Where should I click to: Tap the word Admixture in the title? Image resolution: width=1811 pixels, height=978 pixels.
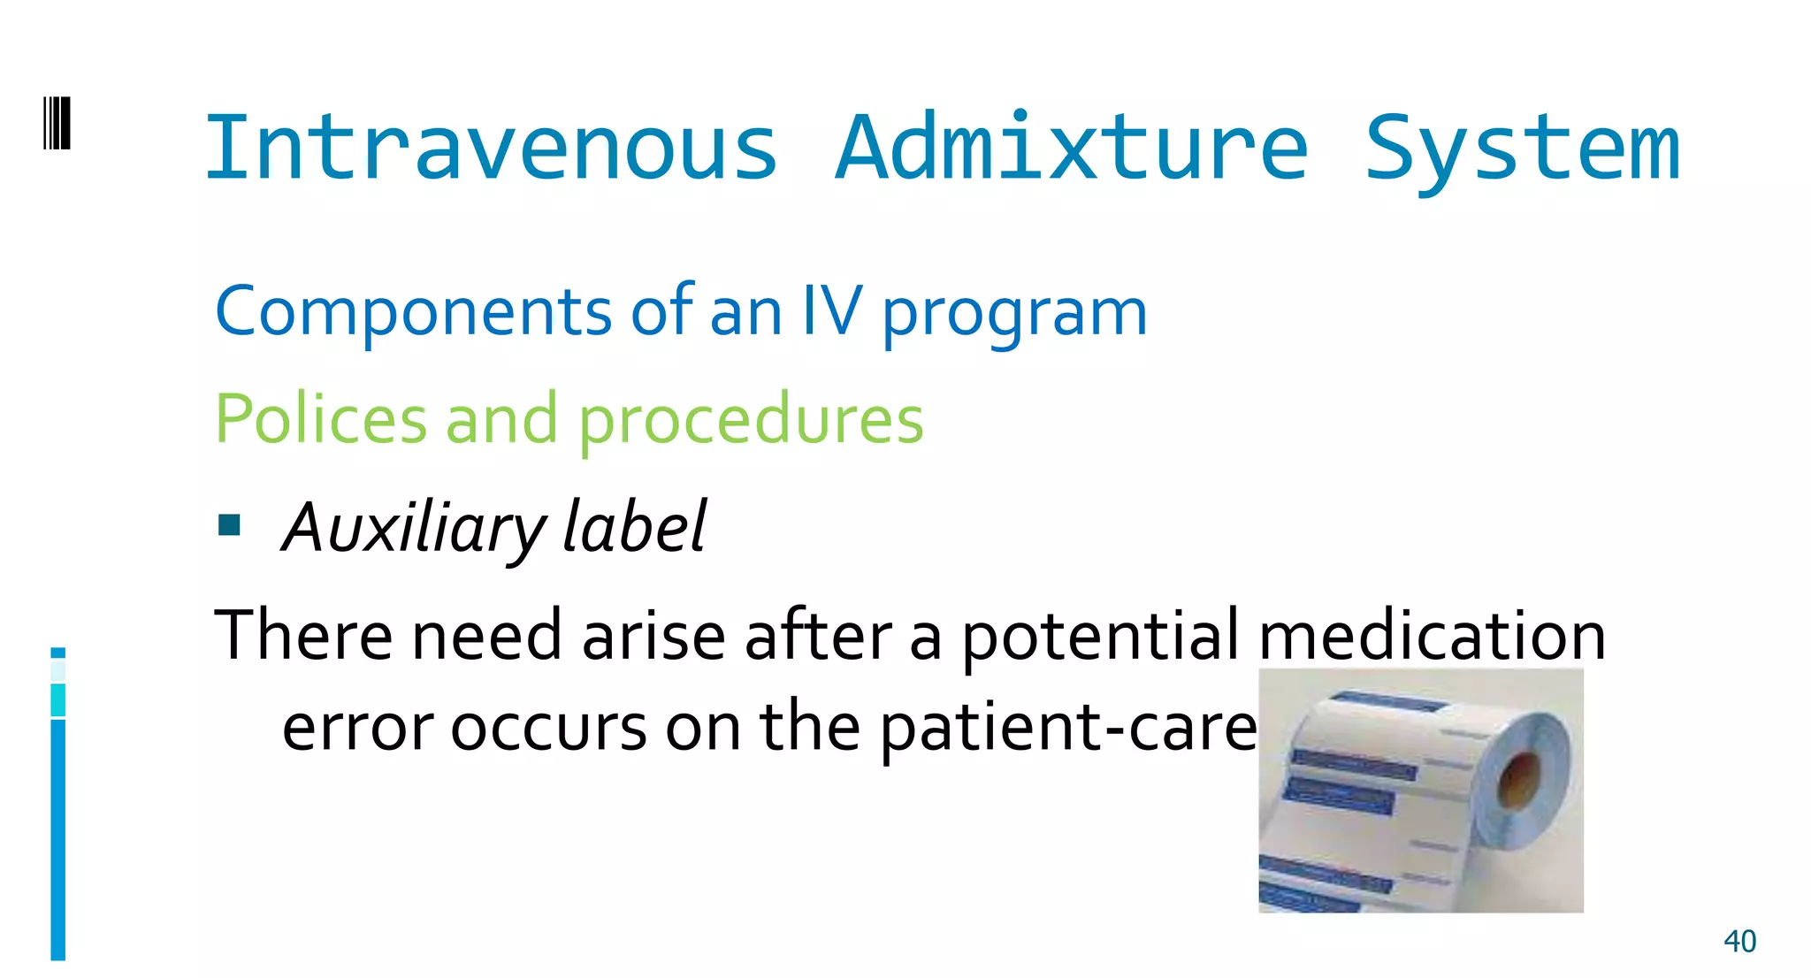tap(1071, 149)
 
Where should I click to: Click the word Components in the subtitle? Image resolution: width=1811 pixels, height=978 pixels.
tap(413, 311)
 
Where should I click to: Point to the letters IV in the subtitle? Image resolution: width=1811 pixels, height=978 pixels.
tap(831, 311)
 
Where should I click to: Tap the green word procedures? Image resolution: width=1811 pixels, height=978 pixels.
tap(751, 421)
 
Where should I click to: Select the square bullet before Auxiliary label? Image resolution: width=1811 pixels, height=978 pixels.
tap(230, 525)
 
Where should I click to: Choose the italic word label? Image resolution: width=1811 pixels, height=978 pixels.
tap(635, 527)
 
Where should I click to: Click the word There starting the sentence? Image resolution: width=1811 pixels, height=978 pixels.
tap(303, 635)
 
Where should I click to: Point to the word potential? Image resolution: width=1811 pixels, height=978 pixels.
tap(1100, 637)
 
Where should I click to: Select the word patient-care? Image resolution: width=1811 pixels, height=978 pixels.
tap(1068, 729)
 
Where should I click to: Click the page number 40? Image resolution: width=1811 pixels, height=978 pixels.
tap(1739, 941)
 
